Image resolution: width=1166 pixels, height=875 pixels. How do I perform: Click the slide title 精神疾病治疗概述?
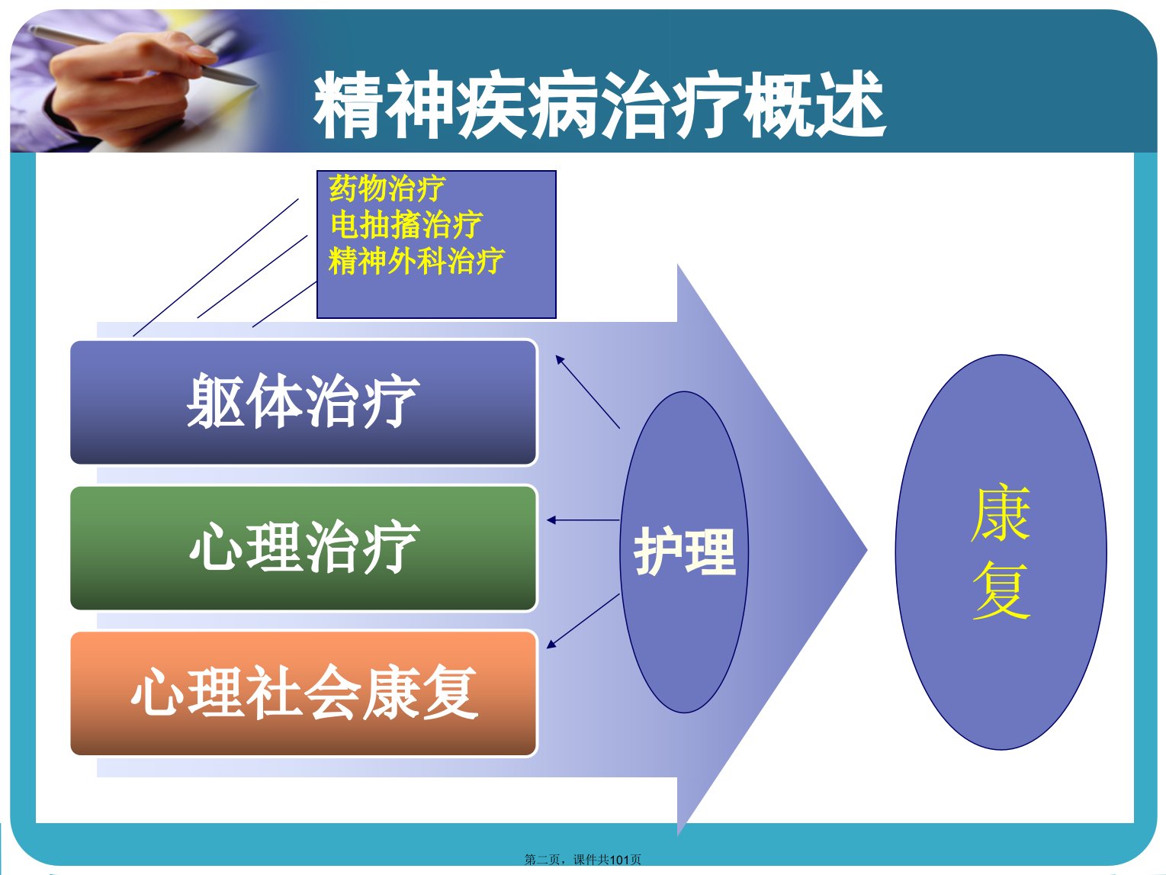tap(599, 105)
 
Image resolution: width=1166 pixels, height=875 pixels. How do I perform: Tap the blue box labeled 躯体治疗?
tap(304, 402)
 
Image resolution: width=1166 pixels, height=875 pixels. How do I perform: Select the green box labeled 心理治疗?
tap(304, 548)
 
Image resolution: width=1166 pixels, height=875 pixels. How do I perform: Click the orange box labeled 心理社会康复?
tap(304, 693)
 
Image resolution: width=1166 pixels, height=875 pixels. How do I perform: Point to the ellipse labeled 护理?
tap(684, 552)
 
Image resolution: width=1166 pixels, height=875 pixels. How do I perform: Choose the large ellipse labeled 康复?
tap(1001, 552)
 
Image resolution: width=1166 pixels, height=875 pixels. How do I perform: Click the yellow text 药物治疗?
tap(387, 188)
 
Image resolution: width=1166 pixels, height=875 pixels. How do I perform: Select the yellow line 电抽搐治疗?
tap(406, 224)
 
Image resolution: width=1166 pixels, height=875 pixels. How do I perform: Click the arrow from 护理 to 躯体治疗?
tap(587, 391)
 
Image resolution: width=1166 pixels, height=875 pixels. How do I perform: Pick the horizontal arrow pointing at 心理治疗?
tap(583, 520)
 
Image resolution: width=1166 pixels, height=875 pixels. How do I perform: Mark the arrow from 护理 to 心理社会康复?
tap(583, 621)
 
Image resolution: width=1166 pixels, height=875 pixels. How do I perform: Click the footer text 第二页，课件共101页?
tap(583, 859)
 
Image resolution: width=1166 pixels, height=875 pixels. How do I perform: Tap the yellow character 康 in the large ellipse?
tap(1001, 513)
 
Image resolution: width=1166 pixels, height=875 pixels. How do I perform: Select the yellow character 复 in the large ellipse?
tap(1002, 590)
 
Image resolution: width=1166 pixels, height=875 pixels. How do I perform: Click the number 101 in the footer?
tap(620, 860)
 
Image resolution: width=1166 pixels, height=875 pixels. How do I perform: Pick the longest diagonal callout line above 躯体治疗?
tap(216, 267)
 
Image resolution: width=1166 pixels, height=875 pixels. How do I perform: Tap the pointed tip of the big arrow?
tap(866, 549)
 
